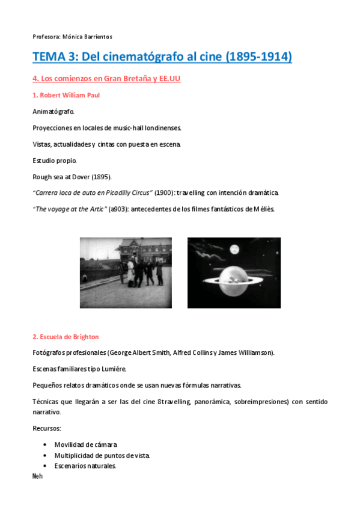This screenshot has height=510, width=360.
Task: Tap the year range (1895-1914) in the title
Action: point(259,57)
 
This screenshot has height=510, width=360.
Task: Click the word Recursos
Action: point(47,428)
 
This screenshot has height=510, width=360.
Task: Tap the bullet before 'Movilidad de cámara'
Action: point(45,444)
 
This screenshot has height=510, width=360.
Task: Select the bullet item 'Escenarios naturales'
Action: point(85,466)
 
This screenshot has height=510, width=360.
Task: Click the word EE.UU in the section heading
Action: point(170,79)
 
